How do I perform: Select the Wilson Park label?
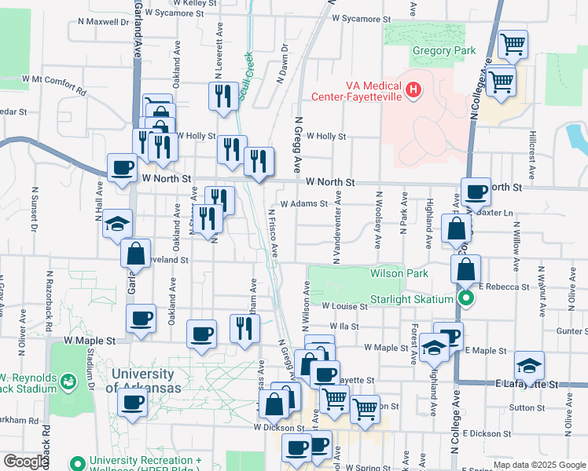point(399,273)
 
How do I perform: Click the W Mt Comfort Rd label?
point(53,81)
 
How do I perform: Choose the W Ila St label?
point(344,326)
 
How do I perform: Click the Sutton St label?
point(526,408)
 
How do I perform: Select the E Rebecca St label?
point(502,287)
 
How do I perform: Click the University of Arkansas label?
point(142,381)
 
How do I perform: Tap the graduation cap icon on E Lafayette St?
point(529,365)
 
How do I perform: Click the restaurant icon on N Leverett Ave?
point(223,95)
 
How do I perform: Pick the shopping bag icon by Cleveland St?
point(135,253)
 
